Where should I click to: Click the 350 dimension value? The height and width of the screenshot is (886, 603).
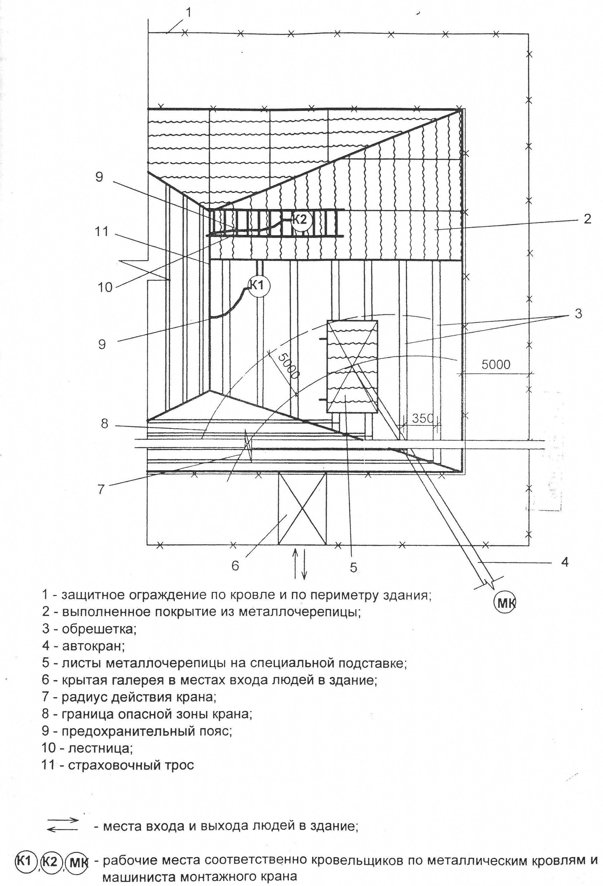[422, 418]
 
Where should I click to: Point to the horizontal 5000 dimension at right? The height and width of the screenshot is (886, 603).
[495, 364]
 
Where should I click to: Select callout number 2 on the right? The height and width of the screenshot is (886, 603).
[587, 219]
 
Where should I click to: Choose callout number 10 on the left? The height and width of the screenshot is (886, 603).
[105, 287]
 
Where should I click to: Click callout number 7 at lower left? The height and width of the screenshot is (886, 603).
[101, 489]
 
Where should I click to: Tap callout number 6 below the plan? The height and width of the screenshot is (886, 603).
[235, 565]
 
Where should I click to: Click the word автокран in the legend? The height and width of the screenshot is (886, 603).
[93, 646]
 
